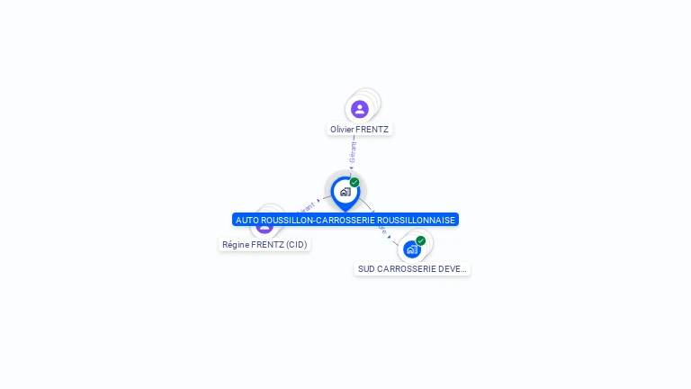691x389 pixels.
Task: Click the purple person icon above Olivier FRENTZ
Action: click(360, 109)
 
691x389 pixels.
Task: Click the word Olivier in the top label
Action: click(342, 130)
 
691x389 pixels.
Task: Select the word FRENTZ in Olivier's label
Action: click(372, 130)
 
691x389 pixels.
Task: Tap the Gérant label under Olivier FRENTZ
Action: click(353, 151)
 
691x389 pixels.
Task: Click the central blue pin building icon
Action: click(345, 191)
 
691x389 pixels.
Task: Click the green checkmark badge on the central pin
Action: click(354, 182)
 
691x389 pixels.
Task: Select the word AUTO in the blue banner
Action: click(247, 220)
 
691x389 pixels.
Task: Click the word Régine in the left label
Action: click(236, 244)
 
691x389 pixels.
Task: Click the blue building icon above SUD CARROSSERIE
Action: click(412, 249)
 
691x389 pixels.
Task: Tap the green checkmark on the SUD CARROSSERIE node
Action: click(420, 240)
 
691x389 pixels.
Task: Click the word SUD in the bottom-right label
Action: click(366, 268)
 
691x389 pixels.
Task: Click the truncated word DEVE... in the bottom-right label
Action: click(455, 268)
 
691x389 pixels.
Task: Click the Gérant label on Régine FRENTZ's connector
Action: click(306, 208)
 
